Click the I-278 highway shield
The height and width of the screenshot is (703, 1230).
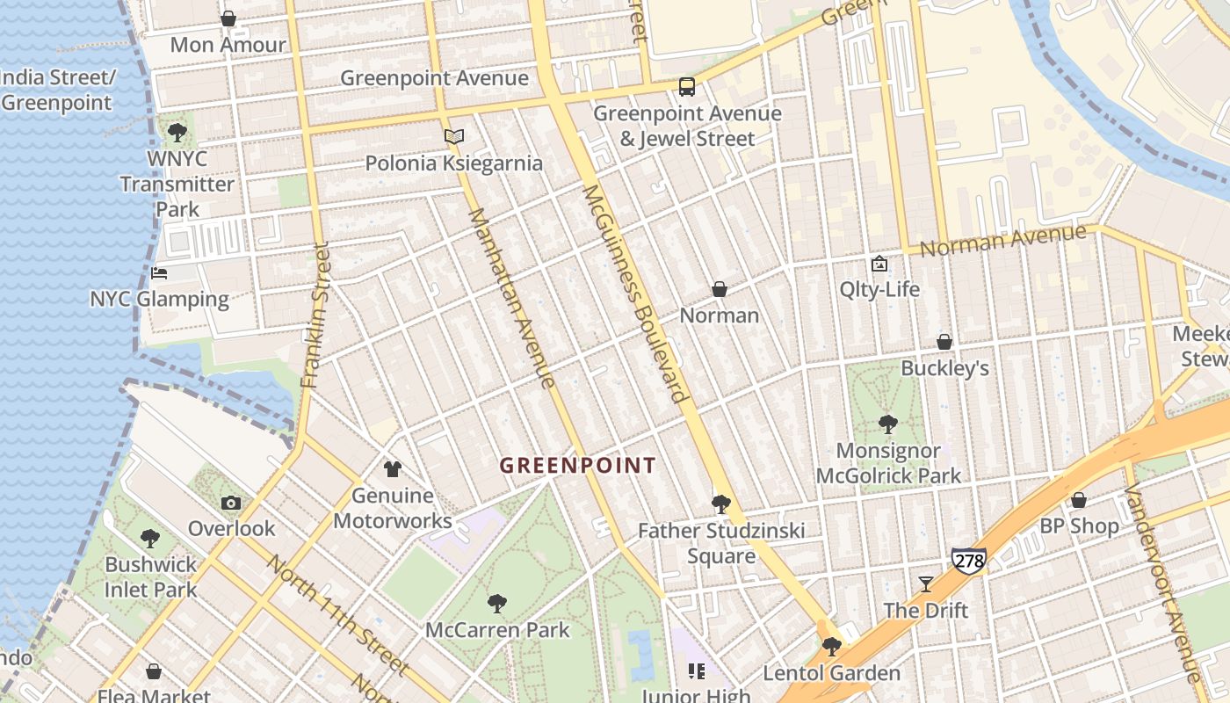pos(968,559)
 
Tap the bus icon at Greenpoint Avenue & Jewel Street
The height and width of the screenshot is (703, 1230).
pos(687,87)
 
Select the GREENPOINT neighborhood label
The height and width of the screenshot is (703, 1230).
pos(577,466)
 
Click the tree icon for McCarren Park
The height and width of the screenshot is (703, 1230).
pos(497,603)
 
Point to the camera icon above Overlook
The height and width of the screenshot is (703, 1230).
pos(231,503)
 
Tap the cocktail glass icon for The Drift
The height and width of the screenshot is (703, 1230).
pos(926,583)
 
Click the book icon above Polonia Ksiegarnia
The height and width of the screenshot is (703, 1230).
pos(453,137)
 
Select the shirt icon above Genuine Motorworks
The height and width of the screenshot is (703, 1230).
pos(393,469)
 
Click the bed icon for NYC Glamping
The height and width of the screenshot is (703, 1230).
pos(159,273)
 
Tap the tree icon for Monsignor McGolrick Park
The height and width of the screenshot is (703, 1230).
pos(888,424)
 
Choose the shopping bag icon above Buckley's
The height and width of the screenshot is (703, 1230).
pos(944,342)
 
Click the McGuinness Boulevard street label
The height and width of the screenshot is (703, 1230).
pos(633,293)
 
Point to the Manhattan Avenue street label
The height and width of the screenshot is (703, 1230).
pos(511,298)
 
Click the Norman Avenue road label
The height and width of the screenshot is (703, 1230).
pos(1002,240)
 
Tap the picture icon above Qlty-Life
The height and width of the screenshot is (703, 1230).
pos(879,264)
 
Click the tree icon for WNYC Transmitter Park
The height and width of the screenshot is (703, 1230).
pos(177,133)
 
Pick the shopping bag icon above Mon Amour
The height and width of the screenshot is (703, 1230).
pos(228,18)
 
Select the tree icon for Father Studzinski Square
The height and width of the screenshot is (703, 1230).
pos(721,504)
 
